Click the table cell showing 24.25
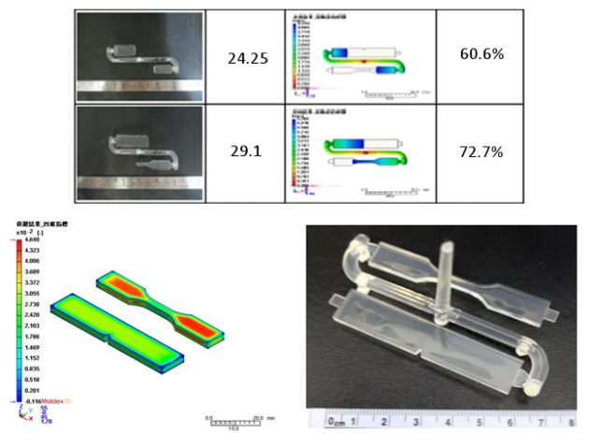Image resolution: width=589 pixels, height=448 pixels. click(x=248, y=57)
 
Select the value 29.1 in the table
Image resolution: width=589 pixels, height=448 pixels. click(x=248, y=149)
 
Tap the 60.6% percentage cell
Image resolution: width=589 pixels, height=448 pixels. click(x=482, y=54)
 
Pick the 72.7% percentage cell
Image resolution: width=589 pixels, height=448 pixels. click(x=482, y=150)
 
